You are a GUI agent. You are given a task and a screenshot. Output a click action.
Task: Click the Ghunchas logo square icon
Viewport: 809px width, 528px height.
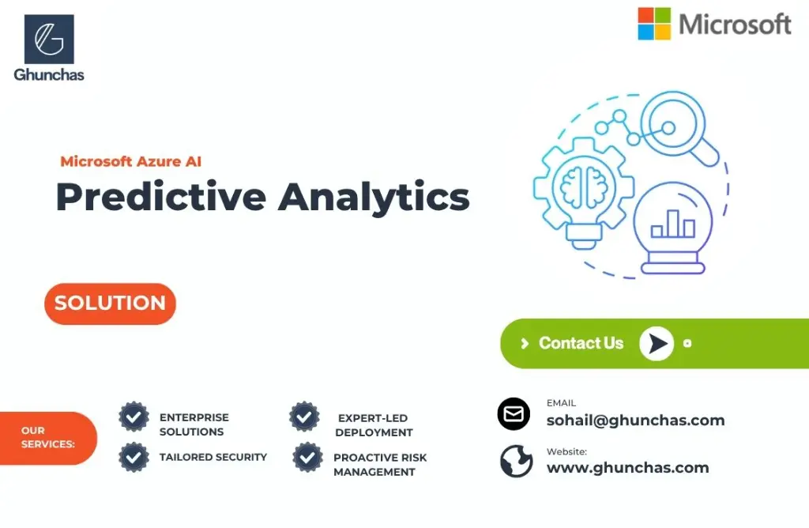click(49, 40)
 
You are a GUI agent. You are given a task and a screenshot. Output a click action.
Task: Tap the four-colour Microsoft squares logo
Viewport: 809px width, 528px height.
click(654, 24)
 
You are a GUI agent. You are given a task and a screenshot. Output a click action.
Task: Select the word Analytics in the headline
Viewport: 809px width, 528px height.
click(374, 196)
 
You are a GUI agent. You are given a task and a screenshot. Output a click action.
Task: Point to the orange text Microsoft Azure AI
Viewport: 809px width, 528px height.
click(131, 161)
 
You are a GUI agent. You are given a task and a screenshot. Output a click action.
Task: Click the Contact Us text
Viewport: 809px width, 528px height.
click(581, 343)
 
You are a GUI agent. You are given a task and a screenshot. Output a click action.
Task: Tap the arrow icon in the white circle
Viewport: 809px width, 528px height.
click(656, 343)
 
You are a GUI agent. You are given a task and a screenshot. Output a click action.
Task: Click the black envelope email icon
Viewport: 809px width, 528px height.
click(514, 414)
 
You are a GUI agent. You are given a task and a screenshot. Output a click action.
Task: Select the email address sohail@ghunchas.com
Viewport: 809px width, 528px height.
click(635, 421)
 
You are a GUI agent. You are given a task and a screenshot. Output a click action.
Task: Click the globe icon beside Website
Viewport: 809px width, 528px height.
click(516, 462)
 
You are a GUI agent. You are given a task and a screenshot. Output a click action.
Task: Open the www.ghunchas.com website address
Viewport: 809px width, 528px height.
click(627, 468)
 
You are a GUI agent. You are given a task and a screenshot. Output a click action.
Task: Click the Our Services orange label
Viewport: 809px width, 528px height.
click(48, 437)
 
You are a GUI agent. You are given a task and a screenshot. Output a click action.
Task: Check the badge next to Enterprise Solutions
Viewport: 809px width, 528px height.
click(134, 417)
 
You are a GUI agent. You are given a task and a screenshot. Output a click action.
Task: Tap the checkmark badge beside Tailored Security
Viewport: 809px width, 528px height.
click(134, 457)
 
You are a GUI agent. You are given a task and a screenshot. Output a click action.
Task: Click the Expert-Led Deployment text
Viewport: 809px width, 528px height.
click(374, 425)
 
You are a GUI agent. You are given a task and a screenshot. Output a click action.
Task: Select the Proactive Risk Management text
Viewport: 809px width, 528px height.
click(379, 465)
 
